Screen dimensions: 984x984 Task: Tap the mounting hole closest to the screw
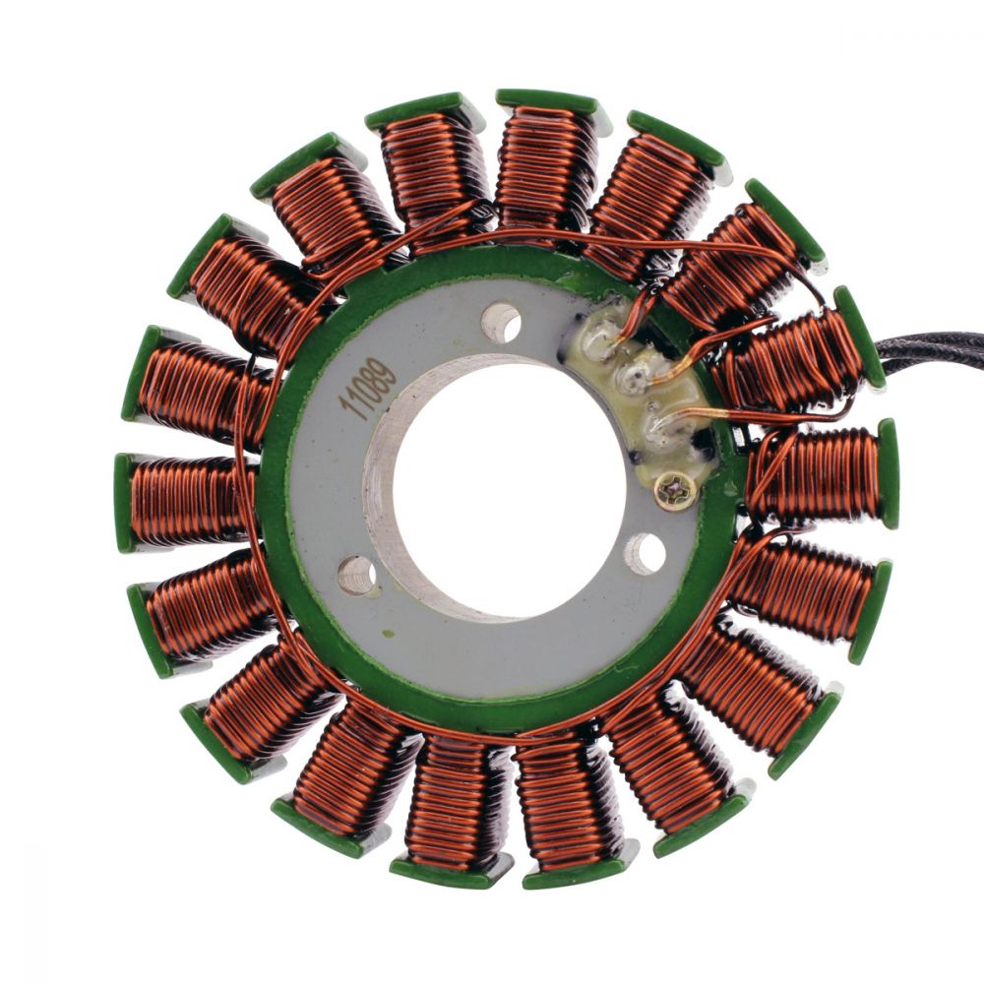tap(645, 554)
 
